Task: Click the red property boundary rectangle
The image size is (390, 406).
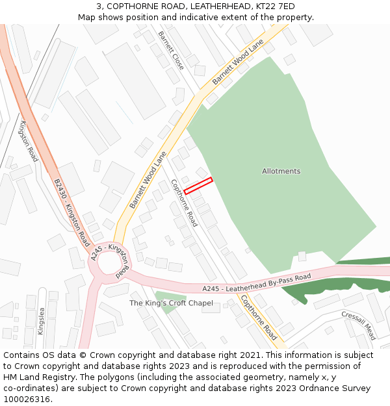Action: pos(198,185)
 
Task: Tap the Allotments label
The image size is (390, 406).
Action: pos(281,171)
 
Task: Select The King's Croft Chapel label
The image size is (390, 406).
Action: pos(171,303)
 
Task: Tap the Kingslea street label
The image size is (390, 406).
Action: pos(41,320)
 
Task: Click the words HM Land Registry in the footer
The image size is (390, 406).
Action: pos(34,377)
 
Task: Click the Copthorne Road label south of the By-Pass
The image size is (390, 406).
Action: pos(259,318)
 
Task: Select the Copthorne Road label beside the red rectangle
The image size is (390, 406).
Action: pos(183,202)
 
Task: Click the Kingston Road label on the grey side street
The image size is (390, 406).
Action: pos(29,141)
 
